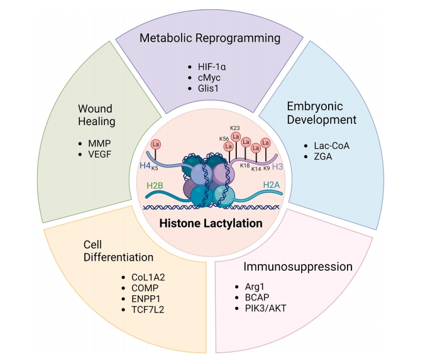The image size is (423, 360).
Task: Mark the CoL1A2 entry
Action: pyautogui.click(x=148, y=278)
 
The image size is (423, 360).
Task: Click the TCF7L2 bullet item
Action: pyautogui.click(x=150, y=310)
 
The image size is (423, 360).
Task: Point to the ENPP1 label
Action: pyautogui.click(x=147, y=299)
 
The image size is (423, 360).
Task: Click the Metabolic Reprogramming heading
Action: pyautogui.click(x=210, y=38)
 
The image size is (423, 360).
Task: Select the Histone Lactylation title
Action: pyautogui.click(x=211, y=223)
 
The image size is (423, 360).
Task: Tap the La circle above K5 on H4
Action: pyautogui.click(x=155, y=145)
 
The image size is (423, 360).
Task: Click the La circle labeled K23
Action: pyautogui.click(x=236, y=136)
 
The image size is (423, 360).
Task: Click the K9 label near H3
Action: pyautogui.click(x=266, y=168)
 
